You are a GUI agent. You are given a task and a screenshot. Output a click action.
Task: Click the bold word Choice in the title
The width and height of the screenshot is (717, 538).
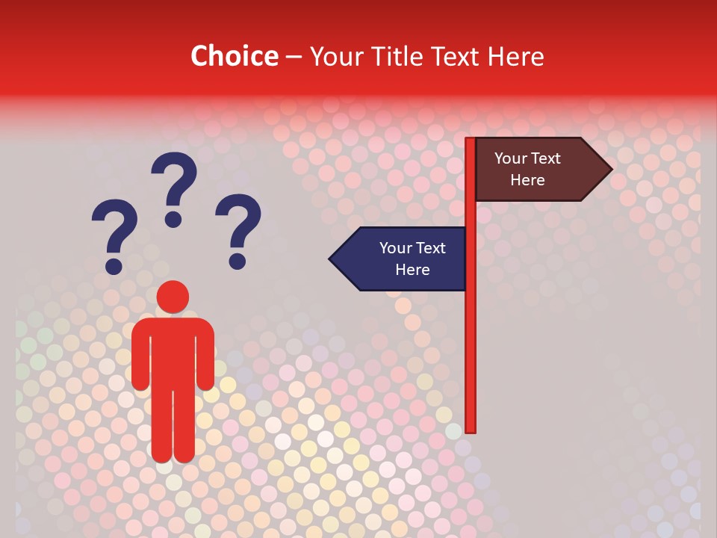tap(234, 56)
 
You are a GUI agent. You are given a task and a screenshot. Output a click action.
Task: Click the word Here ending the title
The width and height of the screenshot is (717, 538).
tap(515, 56)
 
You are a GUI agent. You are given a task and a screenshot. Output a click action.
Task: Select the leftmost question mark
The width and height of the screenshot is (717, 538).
tap(114, 232)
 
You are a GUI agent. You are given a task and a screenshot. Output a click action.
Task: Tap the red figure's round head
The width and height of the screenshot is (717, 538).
tap(173, 297)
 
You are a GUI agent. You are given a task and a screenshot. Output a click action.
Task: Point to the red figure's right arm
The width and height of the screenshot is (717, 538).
tap(206, 355)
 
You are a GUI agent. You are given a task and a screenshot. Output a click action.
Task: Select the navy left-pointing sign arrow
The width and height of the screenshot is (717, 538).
tap(403, 259)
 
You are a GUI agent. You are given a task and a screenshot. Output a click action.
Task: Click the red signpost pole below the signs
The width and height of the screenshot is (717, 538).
tap(471, 359)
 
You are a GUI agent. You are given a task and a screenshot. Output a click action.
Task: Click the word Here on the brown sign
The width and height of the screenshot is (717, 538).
tap(527, 180)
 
